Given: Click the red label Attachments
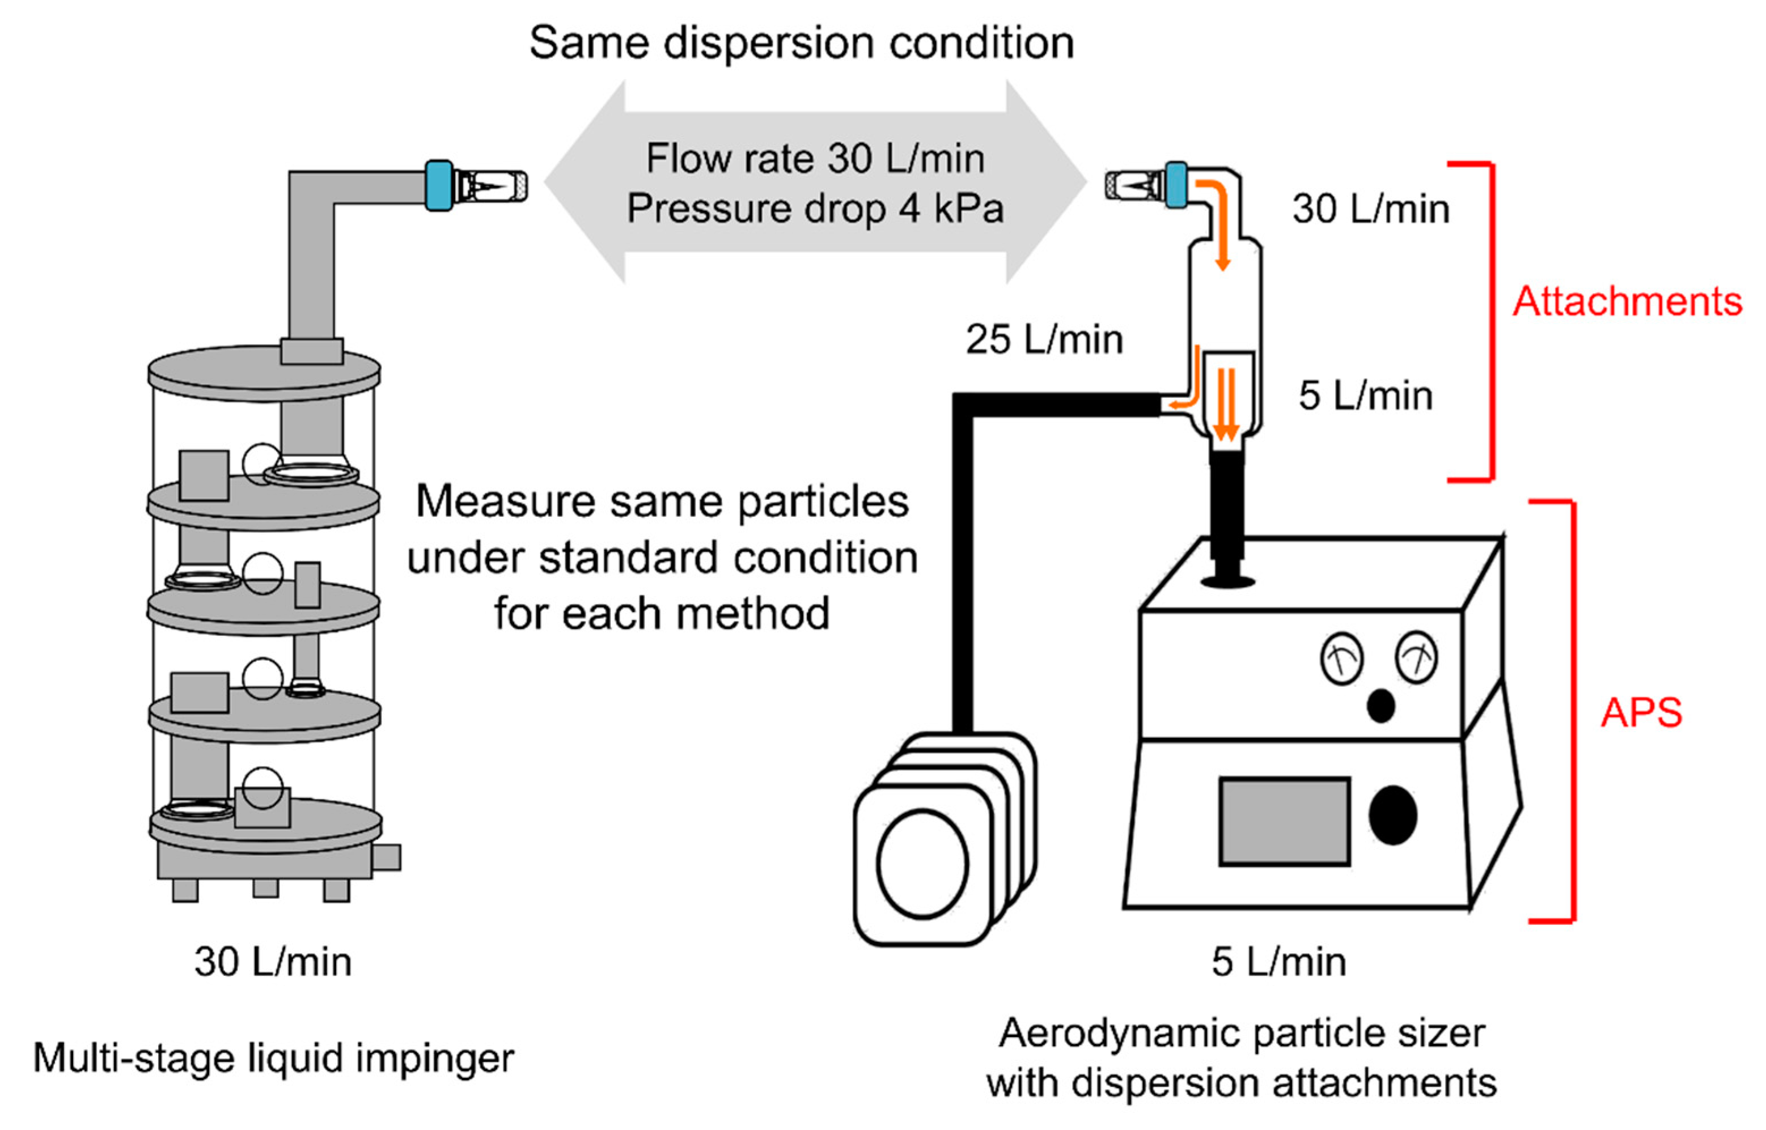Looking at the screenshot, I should tap(1627, 301).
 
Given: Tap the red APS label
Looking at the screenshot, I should tap(1641, 712).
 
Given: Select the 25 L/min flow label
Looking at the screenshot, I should tap(1044, 339).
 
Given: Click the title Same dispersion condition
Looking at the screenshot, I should tap(802, 43).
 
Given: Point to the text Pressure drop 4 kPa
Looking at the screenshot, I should tap(815, 209).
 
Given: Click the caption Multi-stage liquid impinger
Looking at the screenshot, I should tap(273, 1058).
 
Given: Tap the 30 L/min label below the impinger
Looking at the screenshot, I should tap(273, 961).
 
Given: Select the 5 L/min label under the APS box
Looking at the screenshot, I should tap(1278, 961).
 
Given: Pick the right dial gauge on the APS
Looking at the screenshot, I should tap(1416, 657).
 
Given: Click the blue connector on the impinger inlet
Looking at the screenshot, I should tap(439, 186).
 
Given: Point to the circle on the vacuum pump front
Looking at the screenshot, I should tap(922, 864).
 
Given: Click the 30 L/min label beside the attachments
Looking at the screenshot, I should tap(1370, 209).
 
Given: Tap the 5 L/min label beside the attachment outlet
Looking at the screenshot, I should tap(1365, 396).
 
